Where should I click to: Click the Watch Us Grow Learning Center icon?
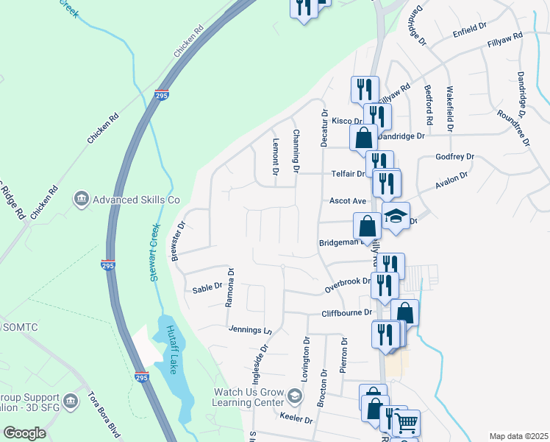click(294, 398)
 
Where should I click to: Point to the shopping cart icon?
click(406, 423)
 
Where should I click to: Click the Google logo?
click(24, 433)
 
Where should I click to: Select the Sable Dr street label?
click(207, 287)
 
